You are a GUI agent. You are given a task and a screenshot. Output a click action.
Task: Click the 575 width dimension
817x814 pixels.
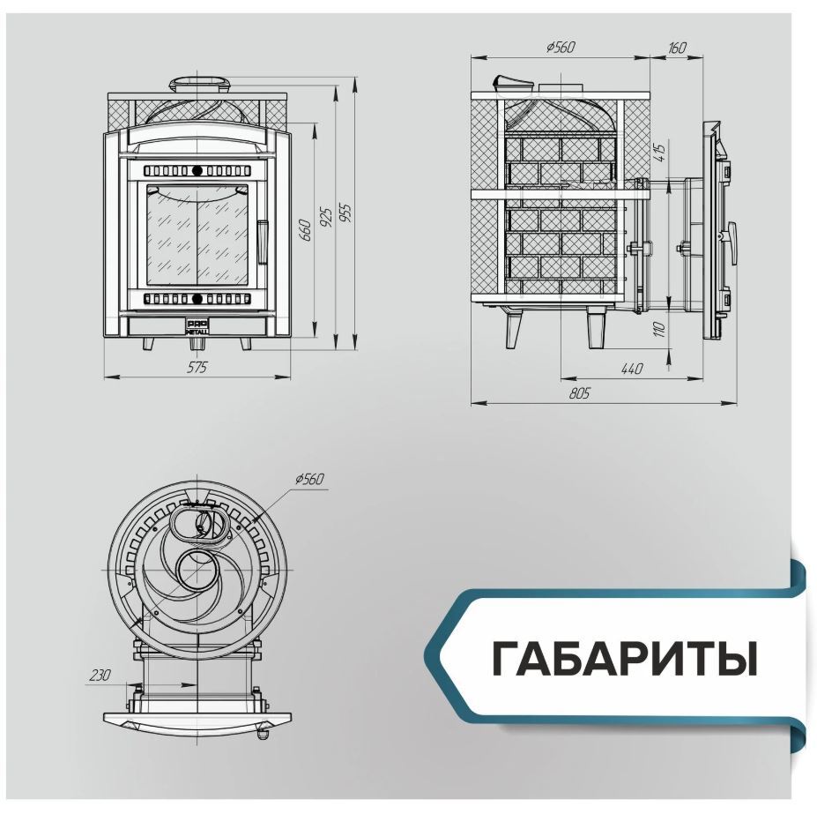coord(197,367)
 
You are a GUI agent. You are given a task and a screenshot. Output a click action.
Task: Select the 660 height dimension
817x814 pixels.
coord(306,230)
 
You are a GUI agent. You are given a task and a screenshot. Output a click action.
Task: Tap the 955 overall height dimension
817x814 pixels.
coord(346,213)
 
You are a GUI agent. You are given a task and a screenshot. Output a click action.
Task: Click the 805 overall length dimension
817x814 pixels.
coord(579,393)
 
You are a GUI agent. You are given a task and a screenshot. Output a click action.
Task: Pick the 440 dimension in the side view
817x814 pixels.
coord(632,370)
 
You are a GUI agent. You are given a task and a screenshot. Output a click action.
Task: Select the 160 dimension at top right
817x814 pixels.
coord(677,48)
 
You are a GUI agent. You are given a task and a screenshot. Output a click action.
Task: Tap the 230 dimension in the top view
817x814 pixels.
coord(100,675)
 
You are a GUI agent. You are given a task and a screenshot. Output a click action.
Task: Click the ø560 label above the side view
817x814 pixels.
coord(561,47)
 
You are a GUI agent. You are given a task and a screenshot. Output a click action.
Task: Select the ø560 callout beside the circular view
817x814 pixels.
coord(309,479)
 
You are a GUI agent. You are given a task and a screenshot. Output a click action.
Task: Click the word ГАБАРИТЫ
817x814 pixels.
coord(625,658)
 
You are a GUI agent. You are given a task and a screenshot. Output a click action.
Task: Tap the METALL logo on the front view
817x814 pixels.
coord(197,326)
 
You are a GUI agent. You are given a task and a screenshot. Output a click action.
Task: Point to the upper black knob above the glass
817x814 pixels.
coord(197,170)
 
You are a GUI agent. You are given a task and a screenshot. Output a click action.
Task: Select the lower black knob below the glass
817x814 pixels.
coord(197,299)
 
